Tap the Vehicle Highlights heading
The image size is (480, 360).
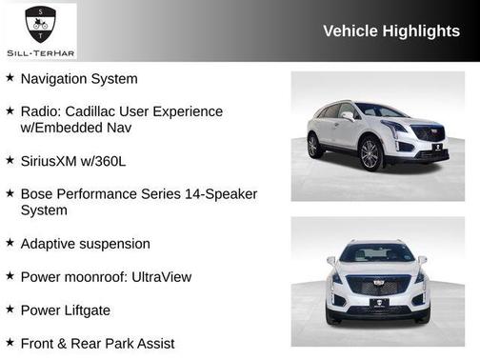(x=391, y=30)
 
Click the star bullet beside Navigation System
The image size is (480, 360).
(x=10, y=78)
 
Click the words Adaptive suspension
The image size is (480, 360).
(x=85, y=244)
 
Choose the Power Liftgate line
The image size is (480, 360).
(x=65, y=310)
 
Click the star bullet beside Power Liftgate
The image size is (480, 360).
(x=10, y=309)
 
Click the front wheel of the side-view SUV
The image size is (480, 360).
(x=371, y=155)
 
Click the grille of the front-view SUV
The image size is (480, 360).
(x=378, y=285)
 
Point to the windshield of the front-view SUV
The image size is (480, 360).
(x=377, y=253)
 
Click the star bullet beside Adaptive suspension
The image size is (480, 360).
(x=10, y=243)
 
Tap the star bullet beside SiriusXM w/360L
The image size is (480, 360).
(x=10, y=160)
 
